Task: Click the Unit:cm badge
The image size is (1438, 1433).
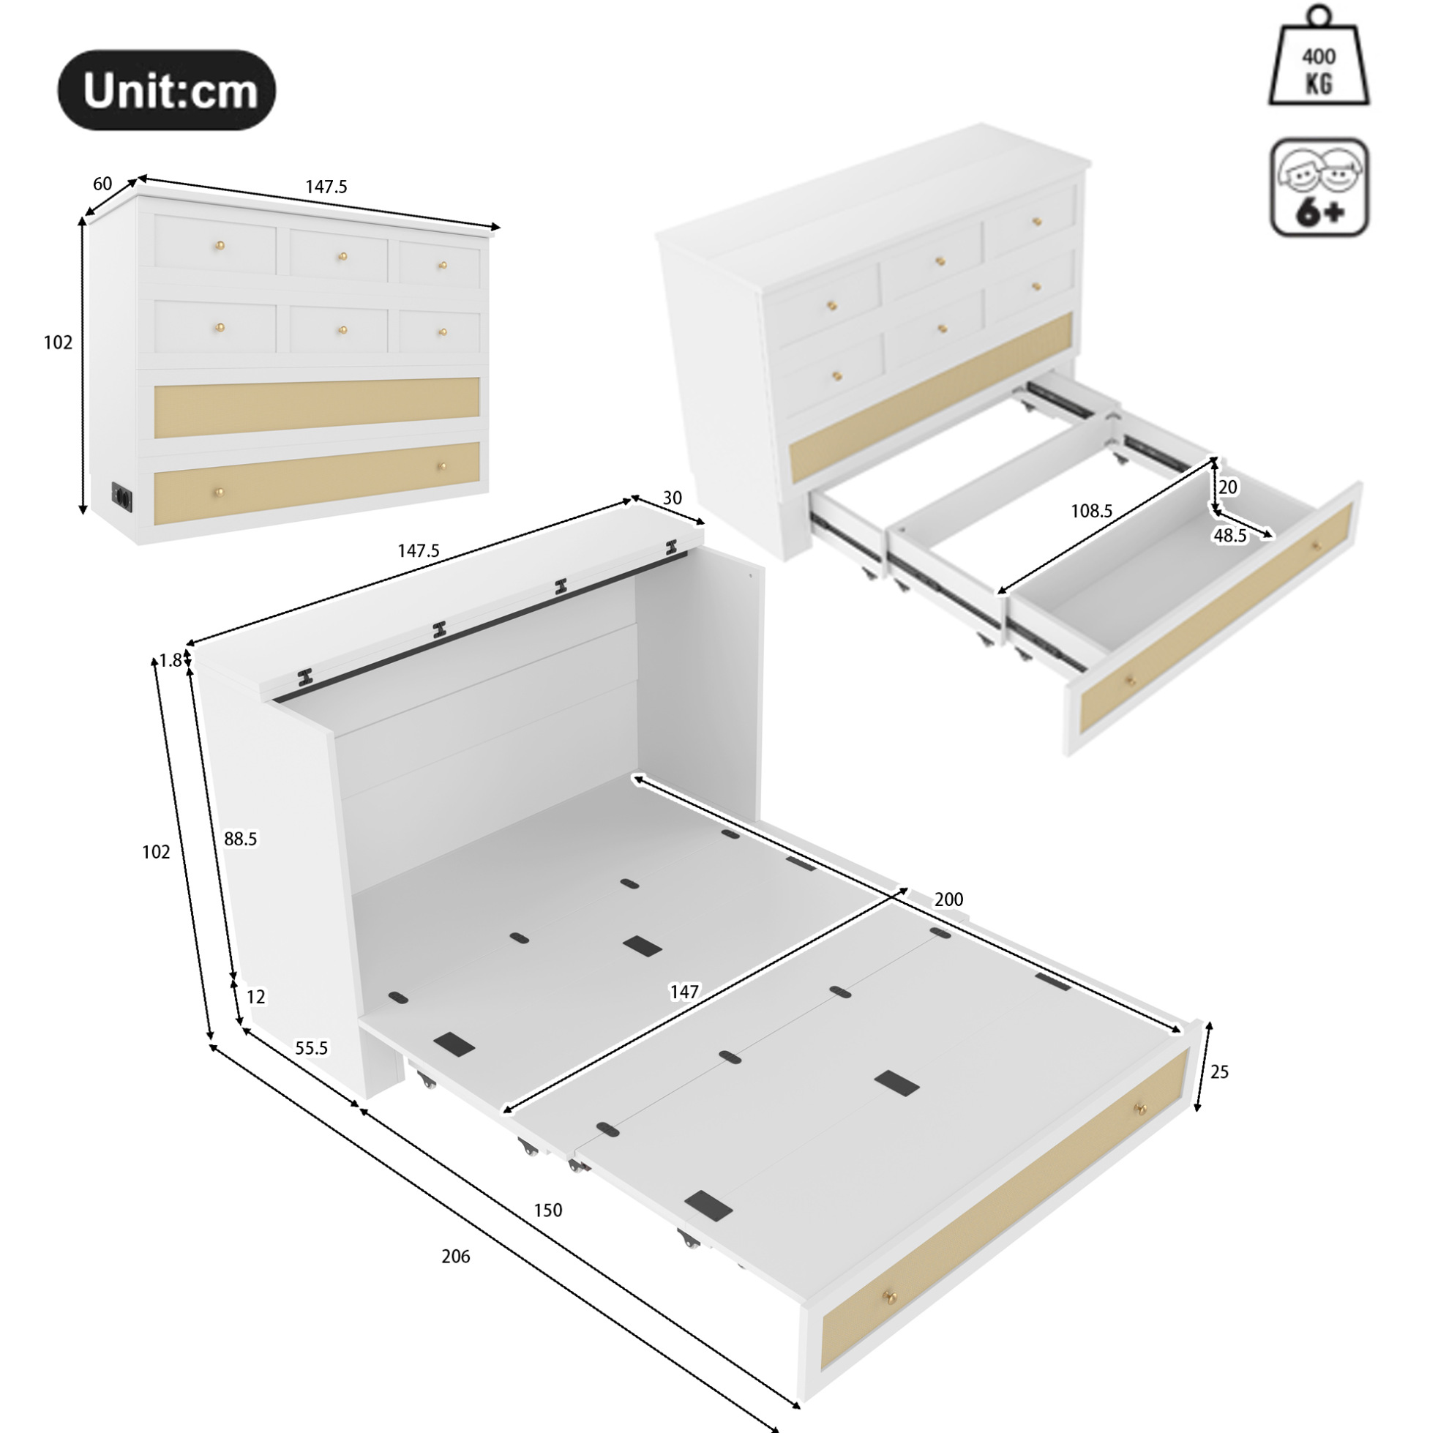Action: pos(167,91)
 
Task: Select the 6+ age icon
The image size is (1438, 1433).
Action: pos(1319,187)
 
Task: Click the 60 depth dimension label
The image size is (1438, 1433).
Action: pos(102,183)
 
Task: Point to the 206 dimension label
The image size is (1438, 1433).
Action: pos(455,1257)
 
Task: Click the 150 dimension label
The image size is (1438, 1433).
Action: pos(548,1211)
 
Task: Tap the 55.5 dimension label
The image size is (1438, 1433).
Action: pos(311,1048)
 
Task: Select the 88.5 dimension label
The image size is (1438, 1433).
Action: pos(241,839)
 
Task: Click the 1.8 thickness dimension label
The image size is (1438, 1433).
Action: pos(171,660)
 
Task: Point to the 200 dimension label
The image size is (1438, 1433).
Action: pos(949,900)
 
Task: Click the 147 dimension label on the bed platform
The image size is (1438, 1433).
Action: pos(684,992)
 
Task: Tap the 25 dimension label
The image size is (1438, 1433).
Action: pos(1219,1072)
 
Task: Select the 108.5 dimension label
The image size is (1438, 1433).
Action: pos(1091,511)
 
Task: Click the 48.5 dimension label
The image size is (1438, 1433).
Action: pos(1230,536)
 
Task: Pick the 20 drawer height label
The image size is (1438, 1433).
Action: pos(1228,487)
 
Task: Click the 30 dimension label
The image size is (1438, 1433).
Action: pos(672,498)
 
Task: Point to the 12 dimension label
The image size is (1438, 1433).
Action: pos(255,997)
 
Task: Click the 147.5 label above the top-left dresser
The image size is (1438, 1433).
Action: pos(326,187)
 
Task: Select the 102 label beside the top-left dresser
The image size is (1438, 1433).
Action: pos(58,343)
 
